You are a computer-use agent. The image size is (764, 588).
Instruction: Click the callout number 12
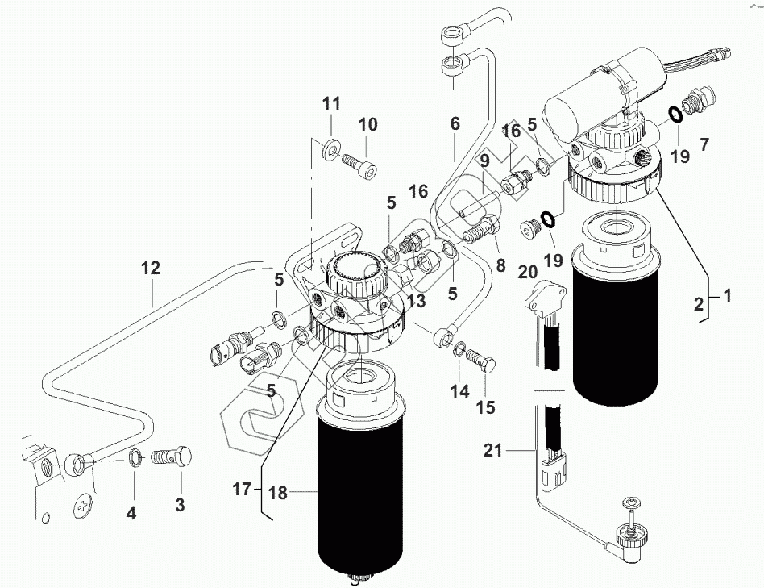tap(151, 268)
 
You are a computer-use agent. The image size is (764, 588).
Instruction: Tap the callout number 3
tap(181, 505)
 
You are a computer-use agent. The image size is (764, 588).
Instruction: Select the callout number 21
tap(492, 451)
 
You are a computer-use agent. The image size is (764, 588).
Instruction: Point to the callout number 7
tap(704, 144)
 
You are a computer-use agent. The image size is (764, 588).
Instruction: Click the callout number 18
tap(278, 494)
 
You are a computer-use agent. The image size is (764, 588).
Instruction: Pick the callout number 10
tap(368, 124)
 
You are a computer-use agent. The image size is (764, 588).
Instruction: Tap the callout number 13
tap(417, 302)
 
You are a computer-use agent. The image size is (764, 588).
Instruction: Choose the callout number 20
tap(527, 272)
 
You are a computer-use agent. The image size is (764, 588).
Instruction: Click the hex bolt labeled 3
tap(172, 457)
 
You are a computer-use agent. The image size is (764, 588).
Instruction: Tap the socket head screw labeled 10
tap(360, 166)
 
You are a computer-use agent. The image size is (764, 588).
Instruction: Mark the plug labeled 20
tap(528, 229)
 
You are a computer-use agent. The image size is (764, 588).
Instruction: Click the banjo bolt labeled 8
tap(481, 231)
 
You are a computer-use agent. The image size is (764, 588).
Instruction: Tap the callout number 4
tap(131, 513)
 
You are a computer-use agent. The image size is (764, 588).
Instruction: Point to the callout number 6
tap(455, 123)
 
